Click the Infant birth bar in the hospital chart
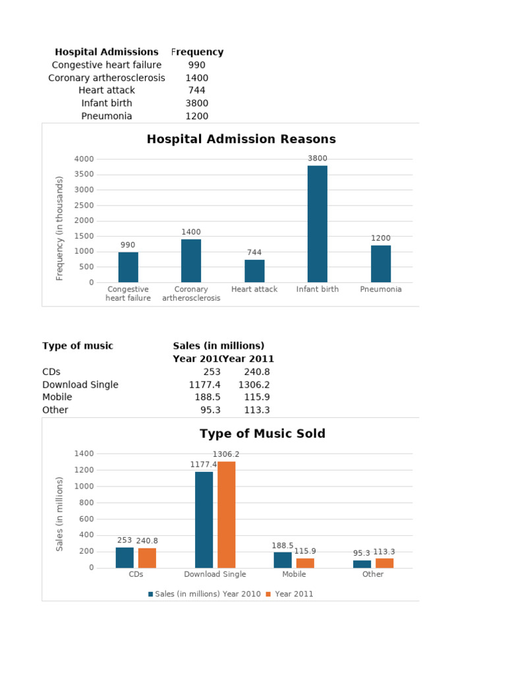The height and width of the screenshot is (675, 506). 317,223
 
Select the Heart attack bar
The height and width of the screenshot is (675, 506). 254,271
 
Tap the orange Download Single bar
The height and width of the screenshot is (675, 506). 226,514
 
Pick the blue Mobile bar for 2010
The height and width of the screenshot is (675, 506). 283,560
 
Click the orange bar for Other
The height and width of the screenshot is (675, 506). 384,563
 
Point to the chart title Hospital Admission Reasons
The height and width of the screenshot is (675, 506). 241,139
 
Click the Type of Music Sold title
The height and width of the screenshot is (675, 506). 262,434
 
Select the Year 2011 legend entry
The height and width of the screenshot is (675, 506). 290,594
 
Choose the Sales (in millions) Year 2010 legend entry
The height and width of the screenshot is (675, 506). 204,594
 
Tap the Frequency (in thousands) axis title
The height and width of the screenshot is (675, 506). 60,228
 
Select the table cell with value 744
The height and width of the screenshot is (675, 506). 196,90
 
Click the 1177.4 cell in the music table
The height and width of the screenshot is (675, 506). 204,385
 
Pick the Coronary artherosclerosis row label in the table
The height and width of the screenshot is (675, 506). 107,78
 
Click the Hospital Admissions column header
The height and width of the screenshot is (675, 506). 107,52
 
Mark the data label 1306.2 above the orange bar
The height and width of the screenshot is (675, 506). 226,454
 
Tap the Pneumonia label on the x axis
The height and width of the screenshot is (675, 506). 381,289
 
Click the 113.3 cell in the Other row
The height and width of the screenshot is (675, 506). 256,410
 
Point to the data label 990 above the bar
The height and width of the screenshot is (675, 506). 128,245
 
